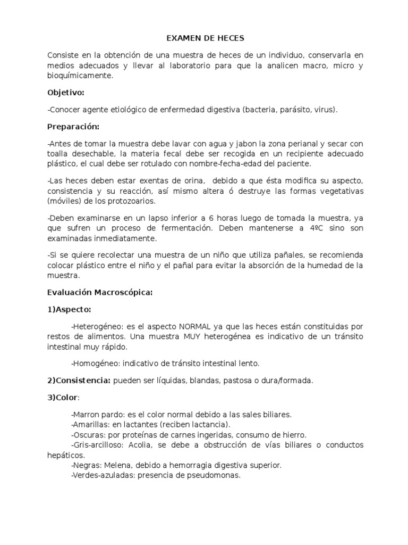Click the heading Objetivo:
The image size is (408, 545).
pyautogui.click(x=66, y=93)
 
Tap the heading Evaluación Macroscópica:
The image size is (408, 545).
pyautogui.click(x=100, y=292)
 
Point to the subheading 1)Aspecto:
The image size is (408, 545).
pyautogui.click(x=69, y=309)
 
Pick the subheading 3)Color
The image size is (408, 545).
pyautogui.click(x=63, y=398)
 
